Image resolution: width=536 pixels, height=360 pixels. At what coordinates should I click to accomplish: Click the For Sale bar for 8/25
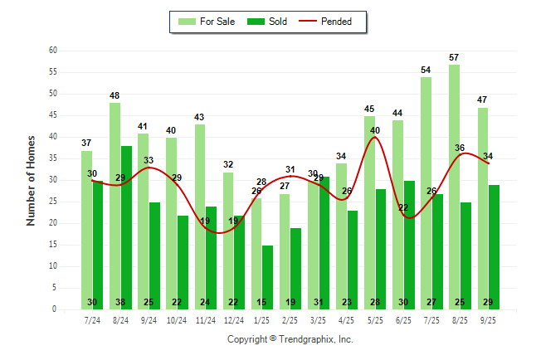pyautogui.click(x=454, y=187)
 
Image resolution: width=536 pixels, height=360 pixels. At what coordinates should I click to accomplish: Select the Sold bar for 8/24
pyautogui.click(x=126, y=228)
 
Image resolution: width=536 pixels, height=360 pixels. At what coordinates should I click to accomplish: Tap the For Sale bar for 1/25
pyautogui.click(x=256, y=249)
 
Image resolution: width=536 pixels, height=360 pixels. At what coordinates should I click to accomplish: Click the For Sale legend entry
pyautogui.click(x=207, y=22)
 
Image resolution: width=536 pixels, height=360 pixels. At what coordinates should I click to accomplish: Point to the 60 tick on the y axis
pyautogui.click(x=52, y=51)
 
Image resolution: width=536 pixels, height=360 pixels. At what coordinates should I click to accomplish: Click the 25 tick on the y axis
pyautogui.click(x=52, y=202)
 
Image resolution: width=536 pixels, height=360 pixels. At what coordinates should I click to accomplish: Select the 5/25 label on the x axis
pyautogui.click(x=375, y=320)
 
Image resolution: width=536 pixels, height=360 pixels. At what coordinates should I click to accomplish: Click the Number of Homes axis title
pyautogui.click(x=32, y=180)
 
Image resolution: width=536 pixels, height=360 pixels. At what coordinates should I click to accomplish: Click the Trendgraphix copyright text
pyautogui.click(x=290, y=339)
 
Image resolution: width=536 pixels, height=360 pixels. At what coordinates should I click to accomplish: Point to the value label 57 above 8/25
pyautogui.click(x=454, y=58)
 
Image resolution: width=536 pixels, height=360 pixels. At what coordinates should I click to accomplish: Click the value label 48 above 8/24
pyautogui.click(x=115, y=96)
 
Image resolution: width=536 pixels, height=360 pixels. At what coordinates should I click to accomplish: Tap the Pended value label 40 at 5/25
pyautogui.click(x=375, y=130)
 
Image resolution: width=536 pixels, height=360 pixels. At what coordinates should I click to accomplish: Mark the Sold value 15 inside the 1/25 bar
pyautogui.click(x=267, y=302)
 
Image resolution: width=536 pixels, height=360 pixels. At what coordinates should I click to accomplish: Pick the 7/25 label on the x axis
pyautogui.click(x=431, y=320)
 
